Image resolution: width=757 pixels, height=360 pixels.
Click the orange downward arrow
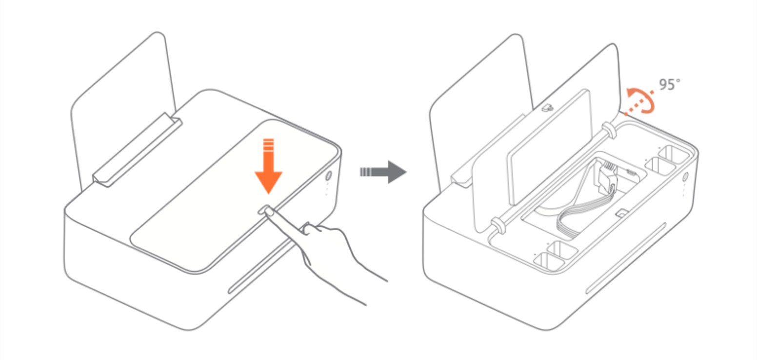[268, 169]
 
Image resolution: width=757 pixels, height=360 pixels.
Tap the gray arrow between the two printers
[383, 172]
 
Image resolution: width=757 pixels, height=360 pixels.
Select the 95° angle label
[670, 84]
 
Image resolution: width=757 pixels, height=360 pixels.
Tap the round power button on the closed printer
[328, 176]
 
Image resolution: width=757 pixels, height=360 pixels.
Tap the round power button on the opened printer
[685, 177]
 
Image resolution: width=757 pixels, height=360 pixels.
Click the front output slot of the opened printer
[625, 259]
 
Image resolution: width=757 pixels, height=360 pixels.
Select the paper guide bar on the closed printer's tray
[137, 150]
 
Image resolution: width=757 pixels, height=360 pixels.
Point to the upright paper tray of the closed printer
[123, 112]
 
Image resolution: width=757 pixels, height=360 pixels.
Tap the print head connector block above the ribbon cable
[607, 176]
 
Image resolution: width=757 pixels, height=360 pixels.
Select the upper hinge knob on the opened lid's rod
[608, 130]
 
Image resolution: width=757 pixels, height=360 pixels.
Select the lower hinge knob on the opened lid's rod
[498, 226]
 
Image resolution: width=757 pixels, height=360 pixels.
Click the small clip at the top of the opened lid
[547, 108]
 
